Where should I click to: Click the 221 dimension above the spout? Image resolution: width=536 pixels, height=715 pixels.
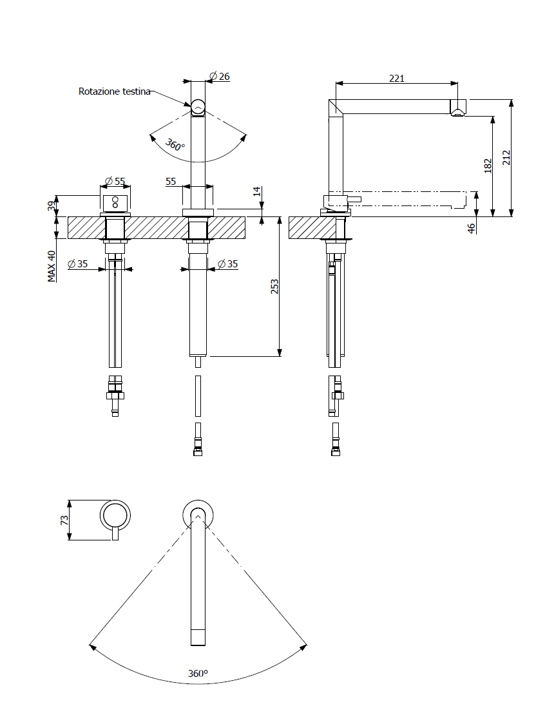click(397, 78)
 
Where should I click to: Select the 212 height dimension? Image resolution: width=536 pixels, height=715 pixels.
click(506, 158)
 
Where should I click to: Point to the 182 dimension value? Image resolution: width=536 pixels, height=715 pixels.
click(488, 166)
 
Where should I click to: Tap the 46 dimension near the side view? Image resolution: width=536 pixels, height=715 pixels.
click(472, 228)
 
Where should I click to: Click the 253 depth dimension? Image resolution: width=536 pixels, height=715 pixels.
click(274, 287)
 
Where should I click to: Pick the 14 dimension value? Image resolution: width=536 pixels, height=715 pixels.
click(256, 192)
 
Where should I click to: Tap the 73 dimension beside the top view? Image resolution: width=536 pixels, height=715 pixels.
click(64, 520)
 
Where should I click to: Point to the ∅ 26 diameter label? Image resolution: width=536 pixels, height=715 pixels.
click(220, 76)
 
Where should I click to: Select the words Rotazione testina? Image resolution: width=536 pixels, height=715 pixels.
click(115, 91)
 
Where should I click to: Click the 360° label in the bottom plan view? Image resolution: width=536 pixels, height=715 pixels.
click(198, 673)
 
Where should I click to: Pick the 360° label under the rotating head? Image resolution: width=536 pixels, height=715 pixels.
click(175, 145)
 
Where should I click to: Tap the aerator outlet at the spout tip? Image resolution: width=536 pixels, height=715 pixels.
click(457, 113)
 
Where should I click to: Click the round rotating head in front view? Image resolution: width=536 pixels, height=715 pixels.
click(198, 106)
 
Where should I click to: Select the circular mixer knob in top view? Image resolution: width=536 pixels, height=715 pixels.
click(115, 516)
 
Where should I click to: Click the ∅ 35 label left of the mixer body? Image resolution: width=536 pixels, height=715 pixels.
click(78, 263)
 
